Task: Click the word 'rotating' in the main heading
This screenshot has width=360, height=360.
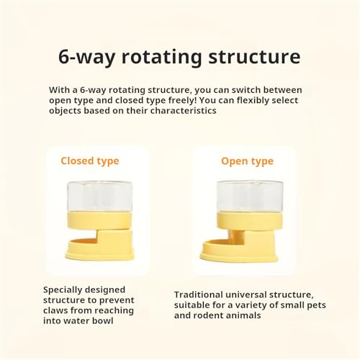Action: [162, 57]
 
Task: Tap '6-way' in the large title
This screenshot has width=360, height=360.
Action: [86, 58]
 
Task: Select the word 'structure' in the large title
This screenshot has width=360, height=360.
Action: [254, 57]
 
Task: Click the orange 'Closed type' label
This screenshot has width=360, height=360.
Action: [90, 161]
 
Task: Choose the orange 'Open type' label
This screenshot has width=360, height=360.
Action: [247, 161]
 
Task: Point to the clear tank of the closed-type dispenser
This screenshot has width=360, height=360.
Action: [99, 196]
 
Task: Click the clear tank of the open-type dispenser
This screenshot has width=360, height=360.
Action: [250, 197]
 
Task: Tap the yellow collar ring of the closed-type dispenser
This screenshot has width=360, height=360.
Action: [99, 220]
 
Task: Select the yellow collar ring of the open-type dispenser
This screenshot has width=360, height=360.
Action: [250, 221]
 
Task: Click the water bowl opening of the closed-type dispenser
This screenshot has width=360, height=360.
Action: [84, 240]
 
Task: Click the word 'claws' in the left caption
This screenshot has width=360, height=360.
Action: [55, 310]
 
